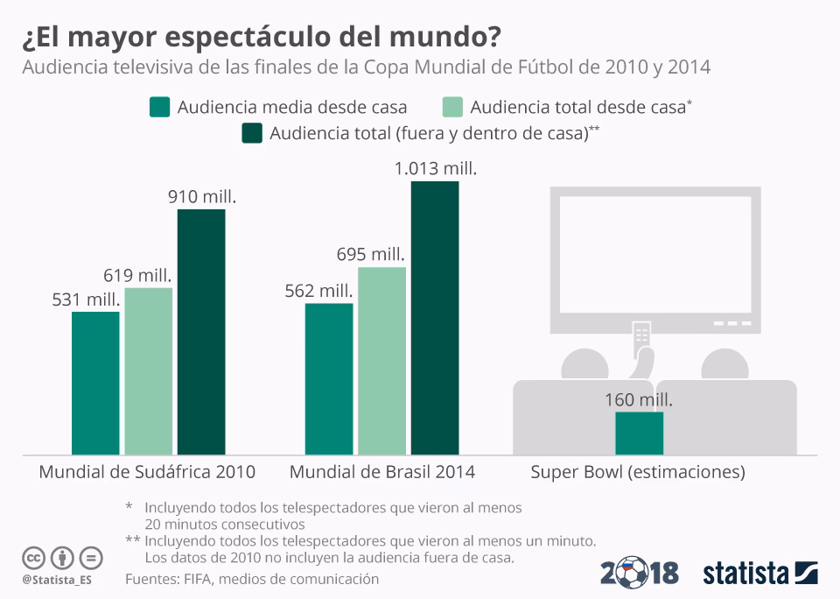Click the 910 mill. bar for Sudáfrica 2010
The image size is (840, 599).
(x=201, y=331)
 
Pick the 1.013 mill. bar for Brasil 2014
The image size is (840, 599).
(x=435, y=317)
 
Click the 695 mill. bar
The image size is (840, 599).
(x=381, y=360)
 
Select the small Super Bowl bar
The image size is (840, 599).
(x=639, y=433)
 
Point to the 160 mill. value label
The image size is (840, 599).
(x=639, y=400)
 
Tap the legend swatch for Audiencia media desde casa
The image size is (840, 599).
(x=158, y=108)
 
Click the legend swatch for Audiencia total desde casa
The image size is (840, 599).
(x=452, y=108)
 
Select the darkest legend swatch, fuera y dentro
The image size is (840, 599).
(x=252, y=134)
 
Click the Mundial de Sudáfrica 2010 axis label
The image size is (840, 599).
(x=147, y=472)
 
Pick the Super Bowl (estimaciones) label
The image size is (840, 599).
(x=638, y=472)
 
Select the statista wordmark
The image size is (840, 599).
(x=746, y=574)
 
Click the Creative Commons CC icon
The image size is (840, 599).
(x=34, y=557)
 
